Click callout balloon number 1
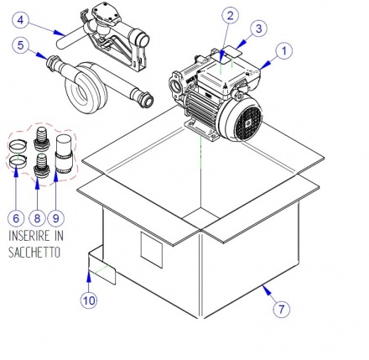[283, 51]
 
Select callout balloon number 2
[230, 15]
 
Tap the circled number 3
[259, 29]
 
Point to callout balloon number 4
[21, 20]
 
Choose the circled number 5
[21, 45]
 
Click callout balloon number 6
[16, 218]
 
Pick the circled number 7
[282, 309]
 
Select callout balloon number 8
[37, 218]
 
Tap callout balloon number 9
[56, 218]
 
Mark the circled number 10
[89, 300]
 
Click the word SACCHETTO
[34, 253]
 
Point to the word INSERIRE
[28, 236]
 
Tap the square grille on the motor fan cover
[248, 123]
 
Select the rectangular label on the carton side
[152, 250]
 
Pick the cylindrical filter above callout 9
[64, 154]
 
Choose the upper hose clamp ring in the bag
[17, 145]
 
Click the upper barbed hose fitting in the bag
[41, 138]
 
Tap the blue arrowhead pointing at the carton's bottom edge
[267, 290]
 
